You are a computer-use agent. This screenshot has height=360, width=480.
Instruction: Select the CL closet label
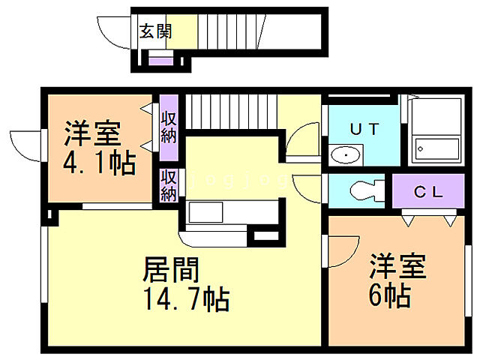pyautogui.click(x=429, y=191)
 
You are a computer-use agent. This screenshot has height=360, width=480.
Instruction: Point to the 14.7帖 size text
pyautogui.click(x=187, y=300)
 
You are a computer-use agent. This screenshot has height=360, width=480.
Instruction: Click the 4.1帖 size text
pyautogui.click(x=99, y=163)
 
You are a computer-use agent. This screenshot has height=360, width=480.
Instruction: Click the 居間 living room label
pyautogui.click(x=171, y=268)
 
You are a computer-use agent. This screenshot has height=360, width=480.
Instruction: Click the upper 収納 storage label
pyautogui.click(x=169, y=127)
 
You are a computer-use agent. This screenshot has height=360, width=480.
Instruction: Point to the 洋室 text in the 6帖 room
pyautogui.click(x=397, y=268)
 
